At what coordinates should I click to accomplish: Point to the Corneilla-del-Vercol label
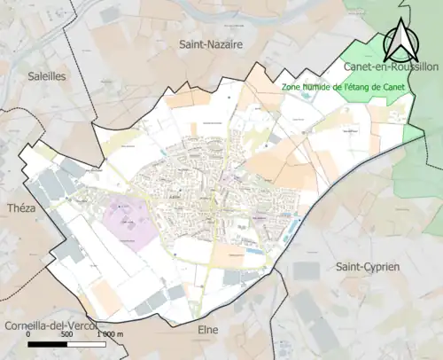coord(50,325)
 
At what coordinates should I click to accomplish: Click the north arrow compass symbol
coord(401,40)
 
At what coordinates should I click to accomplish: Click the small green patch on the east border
coord(412,133)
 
